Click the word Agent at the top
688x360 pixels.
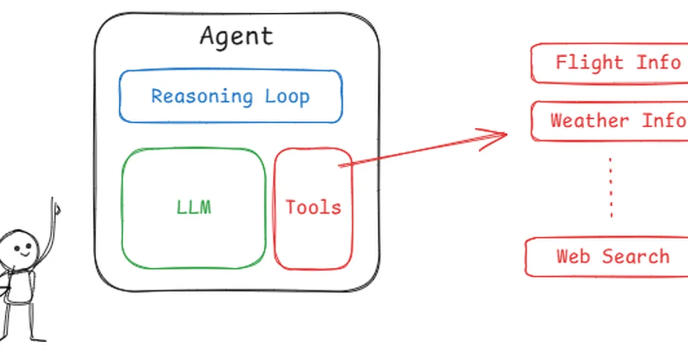click(236, 37)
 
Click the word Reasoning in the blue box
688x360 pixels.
click(201, 96)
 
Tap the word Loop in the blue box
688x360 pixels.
click(287, 96)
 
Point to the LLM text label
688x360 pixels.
click(194, 207)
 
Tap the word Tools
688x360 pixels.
click(313, 207)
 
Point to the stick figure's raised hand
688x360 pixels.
click(56, 207)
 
